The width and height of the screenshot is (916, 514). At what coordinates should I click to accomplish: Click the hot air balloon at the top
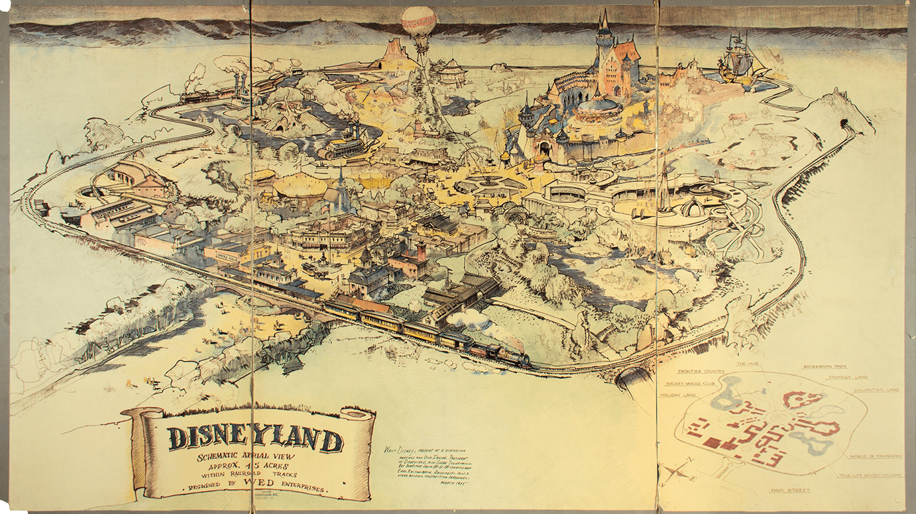[418, 22]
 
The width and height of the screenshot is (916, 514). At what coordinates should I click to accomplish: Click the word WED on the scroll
[261, 488]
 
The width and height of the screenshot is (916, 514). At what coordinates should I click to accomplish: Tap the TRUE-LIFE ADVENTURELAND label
[868, 476]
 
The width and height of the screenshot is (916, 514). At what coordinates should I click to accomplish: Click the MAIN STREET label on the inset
[791, 491]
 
